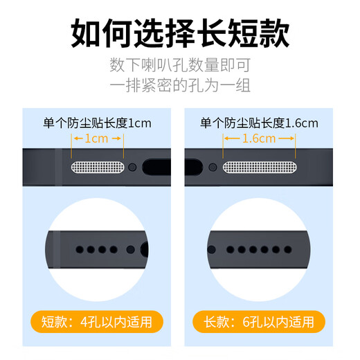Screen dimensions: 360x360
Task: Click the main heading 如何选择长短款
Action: pos(180,33)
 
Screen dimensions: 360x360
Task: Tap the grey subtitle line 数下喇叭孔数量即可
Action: pos(180,66)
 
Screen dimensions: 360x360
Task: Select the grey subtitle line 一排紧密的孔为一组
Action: pos(180,86)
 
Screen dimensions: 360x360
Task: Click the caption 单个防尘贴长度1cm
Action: pos(98,123)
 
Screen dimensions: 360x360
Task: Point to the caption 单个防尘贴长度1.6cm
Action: pos(259,123)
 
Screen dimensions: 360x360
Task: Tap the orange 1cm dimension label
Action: pos(98,138)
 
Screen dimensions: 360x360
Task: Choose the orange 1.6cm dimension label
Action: pos(260,138)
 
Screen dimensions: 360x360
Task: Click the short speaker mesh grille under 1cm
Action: pos(98,168)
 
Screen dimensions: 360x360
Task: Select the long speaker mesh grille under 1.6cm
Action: pos(260,168)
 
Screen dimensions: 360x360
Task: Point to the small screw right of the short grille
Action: pos(132,168)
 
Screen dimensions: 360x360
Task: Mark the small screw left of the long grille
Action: pos(213,168)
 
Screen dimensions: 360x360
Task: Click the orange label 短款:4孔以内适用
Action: pos(98,321)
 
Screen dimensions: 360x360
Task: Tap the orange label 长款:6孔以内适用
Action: pos(260,321)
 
